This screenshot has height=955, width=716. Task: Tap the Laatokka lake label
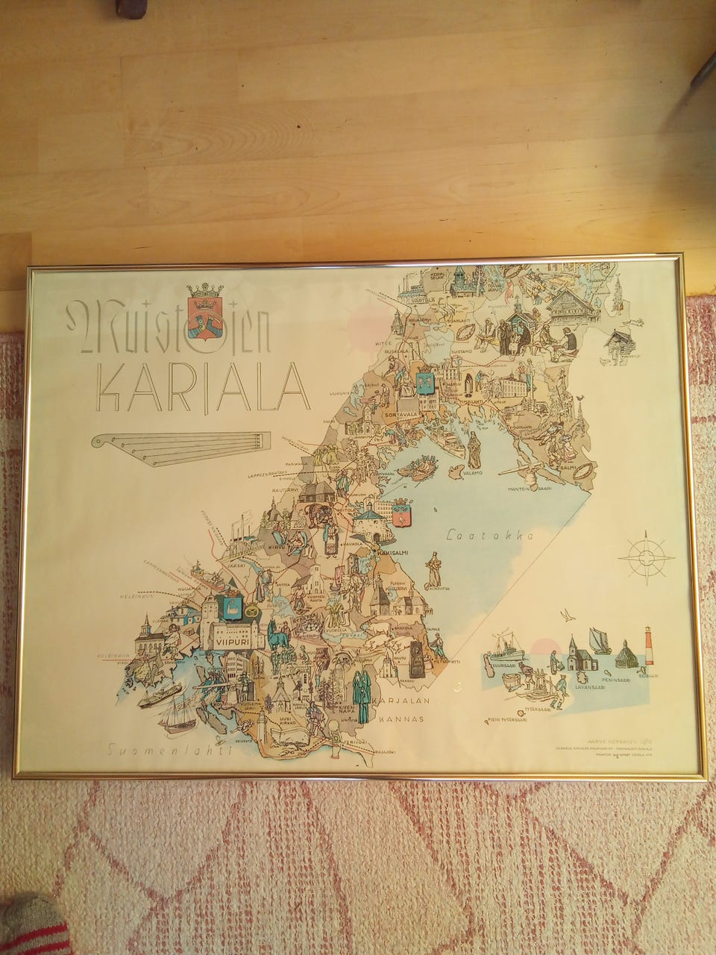(x=488, y=535)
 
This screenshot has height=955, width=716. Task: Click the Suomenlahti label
(x=169, y=751)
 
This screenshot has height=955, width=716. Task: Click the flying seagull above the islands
(x=571, y=616)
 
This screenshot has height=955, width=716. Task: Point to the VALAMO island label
(x=471, y=472)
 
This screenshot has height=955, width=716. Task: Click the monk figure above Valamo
(x=474, y=448)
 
